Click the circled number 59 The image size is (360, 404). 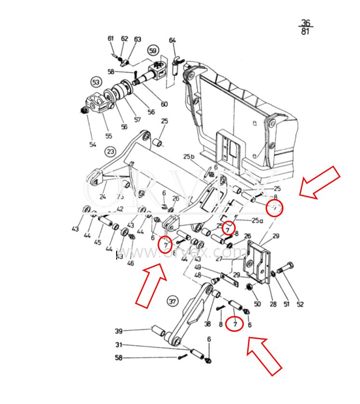(153, 51)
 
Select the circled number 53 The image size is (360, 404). (96, 82)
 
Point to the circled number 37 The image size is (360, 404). (172, 302)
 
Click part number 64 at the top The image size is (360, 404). (173, 40)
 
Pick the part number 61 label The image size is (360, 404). (111, 39)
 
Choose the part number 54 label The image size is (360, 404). (93, 144)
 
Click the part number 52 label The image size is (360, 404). (300, 304)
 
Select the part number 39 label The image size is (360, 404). (119, 331)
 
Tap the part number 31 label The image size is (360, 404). (119, 345)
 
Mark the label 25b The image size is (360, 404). (188, 157)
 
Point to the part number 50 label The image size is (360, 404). (257, 304)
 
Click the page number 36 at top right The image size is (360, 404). (306, 23)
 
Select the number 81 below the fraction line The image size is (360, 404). (306, 32)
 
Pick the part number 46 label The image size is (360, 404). (131, 263)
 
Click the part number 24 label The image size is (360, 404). (102, 197)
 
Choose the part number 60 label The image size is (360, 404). (164, 104)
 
